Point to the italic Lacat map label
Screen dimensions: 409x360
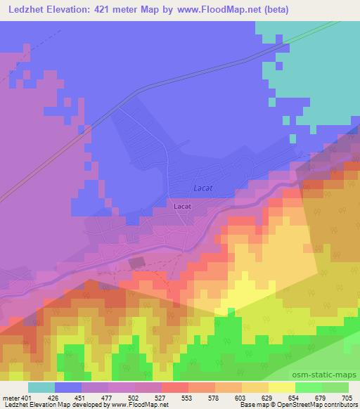coord(202,189)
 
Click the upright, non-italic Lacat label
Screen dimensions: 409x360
coord(183,207)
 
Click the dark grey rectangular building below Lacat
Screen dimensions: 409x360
coord(136,261)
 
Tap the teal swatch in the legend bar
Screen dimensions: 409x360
coord(41,387)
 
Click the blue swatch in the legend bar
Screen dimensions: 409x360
coord(68,387)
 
